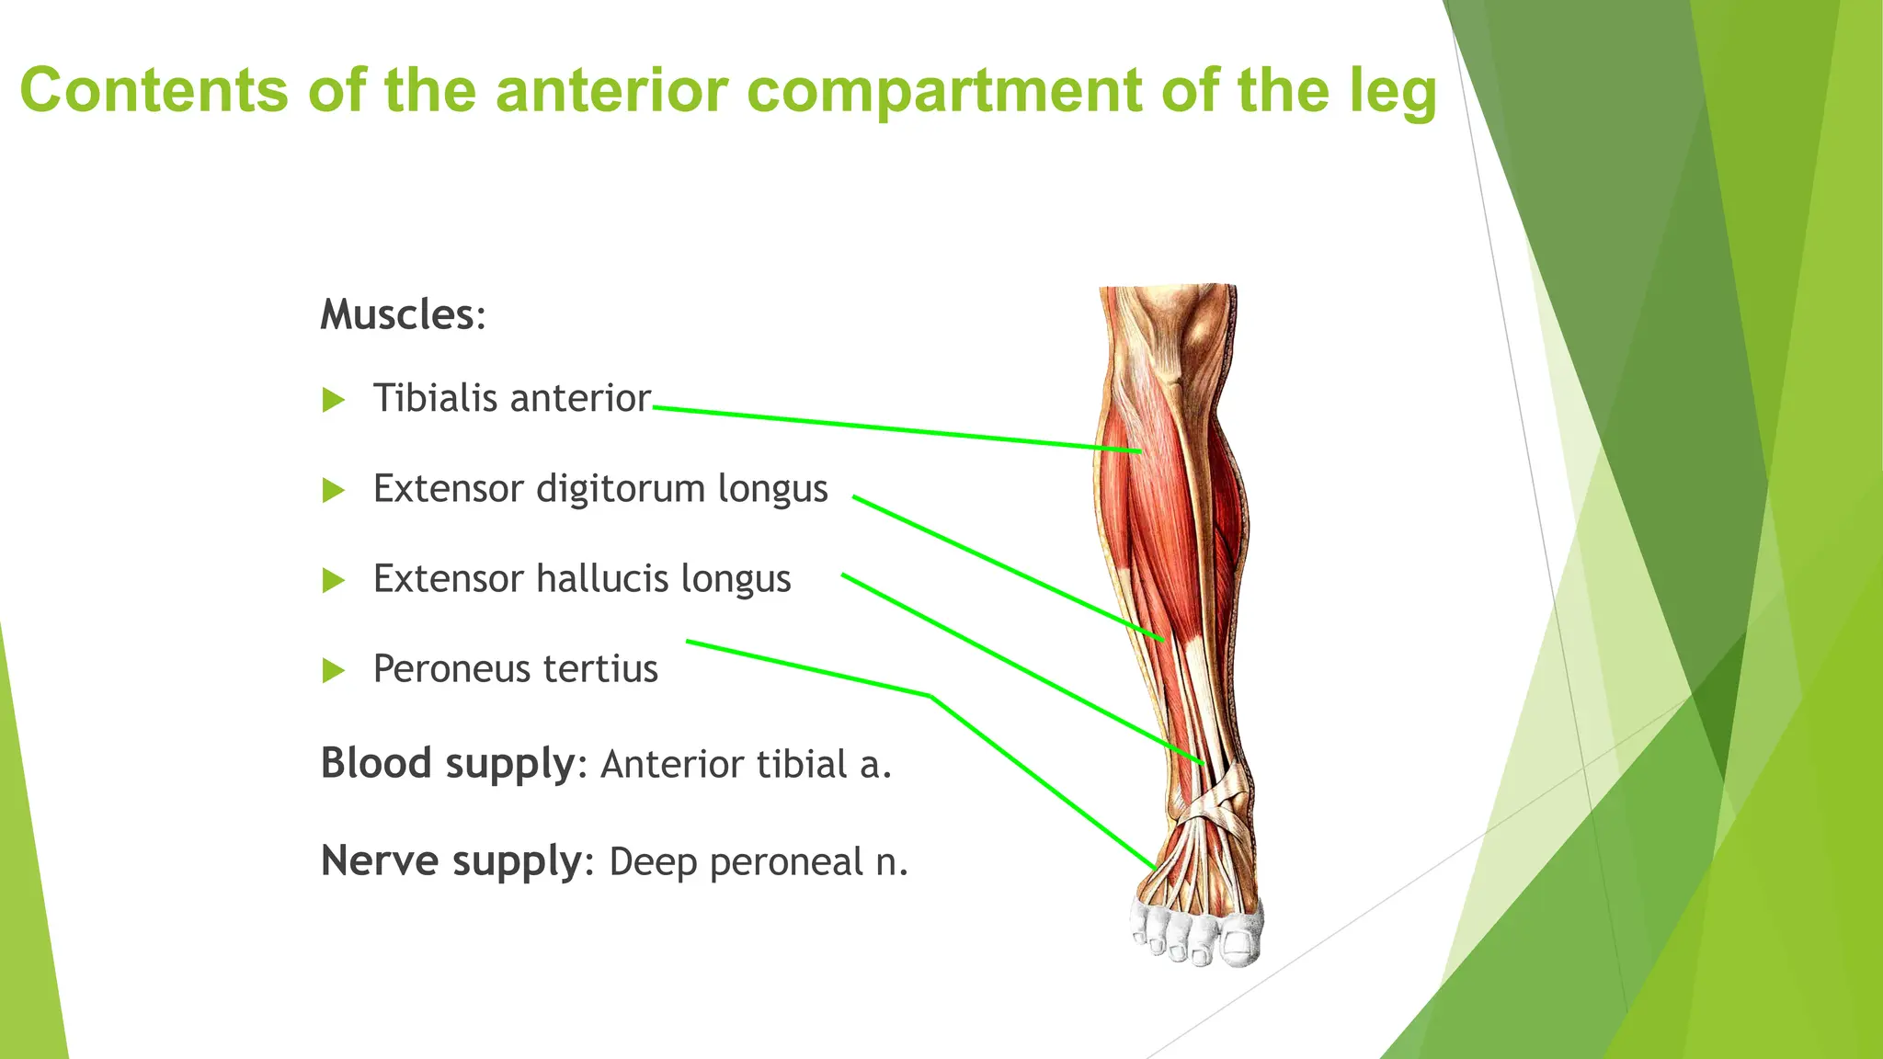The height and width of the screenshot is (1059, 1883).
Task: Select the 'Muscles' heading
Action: click(x=397, y=315)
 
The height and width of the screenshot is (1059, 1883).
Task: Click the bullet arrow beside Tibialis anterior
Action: click(x=334, y=400)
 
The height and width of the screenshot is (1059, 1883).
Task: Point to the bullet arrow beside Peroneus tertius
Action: click(x=334, y=670)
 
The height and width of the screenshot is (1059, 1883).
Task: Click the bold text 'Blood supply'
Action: click(x=448, y=764)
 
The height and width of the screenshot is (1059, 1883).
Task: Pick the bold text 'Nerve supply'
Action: click(x=451, y=861)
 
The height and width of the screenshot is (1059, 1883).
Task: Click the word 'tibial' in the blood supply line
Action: click(x=802, y=765)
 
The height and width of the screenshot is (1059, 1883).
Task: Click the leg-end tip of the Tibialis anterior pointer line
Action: click(x=1141, y=451)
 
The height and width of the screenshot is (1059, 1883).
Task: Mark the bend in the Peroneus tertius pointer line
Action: click(x=930, y=696)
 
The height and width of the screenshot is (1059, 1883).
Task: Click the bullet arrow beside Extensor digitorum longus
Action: click(x=334, y=490)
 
